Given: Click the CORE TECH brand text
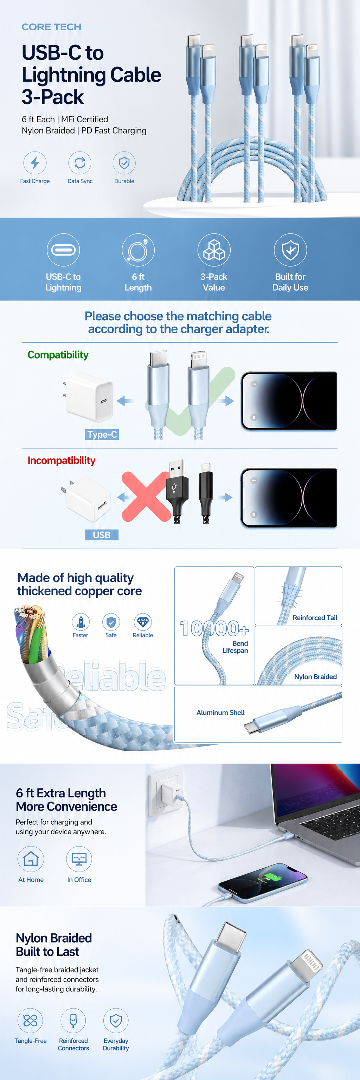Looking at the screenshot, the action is [52, 27].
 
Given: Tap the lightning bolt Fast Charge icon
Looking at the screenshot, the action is [35, 163].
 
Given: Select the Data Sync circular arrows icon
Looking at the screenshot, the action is [79, 163].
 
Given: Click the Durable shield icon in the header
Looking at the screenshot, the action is [124, 163].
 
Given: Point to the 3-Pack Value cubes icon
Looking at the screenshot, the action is [214, 250].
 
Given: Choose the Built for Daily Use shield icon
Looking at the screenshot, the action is [290, 250].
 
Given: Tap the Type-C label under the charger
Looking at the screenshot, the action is [102, 434].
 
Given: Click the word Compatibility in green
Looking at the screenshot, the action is [58, 355].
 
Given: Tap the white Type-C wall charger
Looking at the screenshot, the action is [89, 397].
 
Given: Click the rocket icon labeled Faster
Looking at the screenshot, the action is [81, 622].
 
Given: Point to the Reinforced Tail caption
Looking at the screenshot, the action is [315, 618].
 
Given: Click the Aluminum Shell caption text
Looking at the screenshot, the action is [220, 712].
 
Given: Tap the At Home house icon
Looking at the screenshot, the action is [31, 859].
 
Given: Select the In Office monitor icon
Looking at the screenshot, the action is [79, 859].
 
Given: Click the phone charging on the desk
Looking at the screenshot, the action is [262, 877].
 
